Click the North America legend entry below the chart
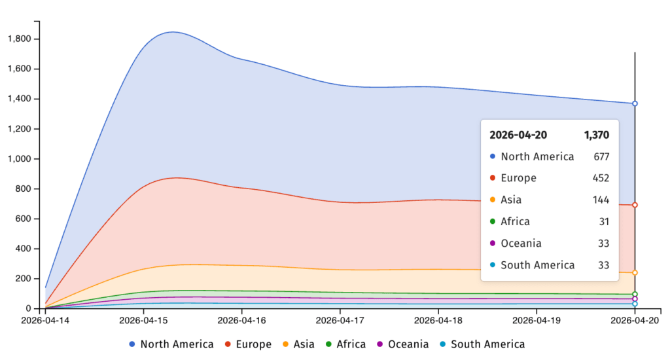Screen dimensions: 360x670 (x=171, y=344)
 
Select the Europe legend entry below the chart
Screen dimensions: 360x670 (x=248, y=344)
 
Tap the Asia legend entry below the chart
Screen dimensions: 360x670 (x=299, y=344)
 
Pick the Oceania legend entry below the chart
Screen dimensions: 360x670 (x=402, y=344)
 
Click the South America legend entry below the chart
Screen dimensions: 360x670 (x=482, y=344)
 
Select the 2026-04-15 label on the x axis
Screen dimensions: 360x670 (x=143, y=321)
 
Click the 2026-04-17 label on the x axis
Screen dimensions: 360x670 (x=340, y=321)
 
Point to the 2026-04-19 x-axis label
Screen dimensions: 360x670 (x=537, y=321)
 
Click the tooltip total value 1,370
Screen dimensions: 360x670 (x=597, y=135)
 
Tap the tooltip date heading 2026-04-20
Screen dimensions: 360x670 (x=519, y=135)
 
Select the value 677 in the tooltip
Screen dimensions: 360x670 (x=601, y=156)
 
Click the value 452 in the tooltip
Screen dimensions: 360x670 (x=601, y=178)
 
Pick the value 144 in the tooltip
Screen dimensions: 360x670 (x=601, y=200)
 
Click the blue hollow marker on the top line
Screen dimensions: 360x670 (x=635, y=103)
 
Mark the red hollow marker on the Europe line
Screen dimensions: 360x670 (x=635, y=205)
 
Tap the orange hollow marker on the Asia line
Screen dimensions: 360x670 (x=635, y=272)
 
